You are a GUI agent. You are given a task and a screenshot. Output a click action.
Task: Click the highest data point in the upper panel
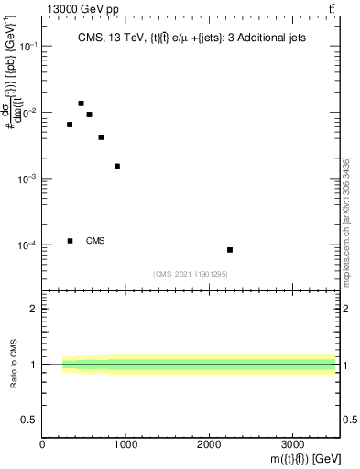pyautogui.click(x=81, y=104)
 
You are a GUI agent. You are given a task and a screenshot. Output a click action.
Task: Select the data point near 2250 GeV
pyautogui.click(x=230, y=249)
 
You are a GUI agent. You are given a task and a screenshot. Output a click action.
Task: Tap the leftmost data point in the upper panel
pyautogui.click(x=70, y=125)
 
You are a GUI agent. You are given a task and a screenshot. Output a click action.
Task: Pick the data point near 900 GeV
pyautogui.click(x=117, y=166)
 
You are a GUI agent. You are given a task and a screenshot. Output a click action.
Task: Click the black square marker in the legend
pyautogui.click(x=70, y=241)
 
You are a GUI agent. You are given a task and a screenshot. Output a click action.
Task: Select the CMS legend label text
pyautogui.click(x=95, y=241)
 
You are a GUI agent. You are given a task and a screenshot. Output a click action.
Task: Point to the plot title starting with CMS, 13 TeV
pyautogui.click(x=191, y=38)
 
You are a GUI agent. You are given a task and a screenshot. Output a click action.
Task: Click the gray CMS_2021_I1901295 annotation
pyautogui.click(x=190, y=274)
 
